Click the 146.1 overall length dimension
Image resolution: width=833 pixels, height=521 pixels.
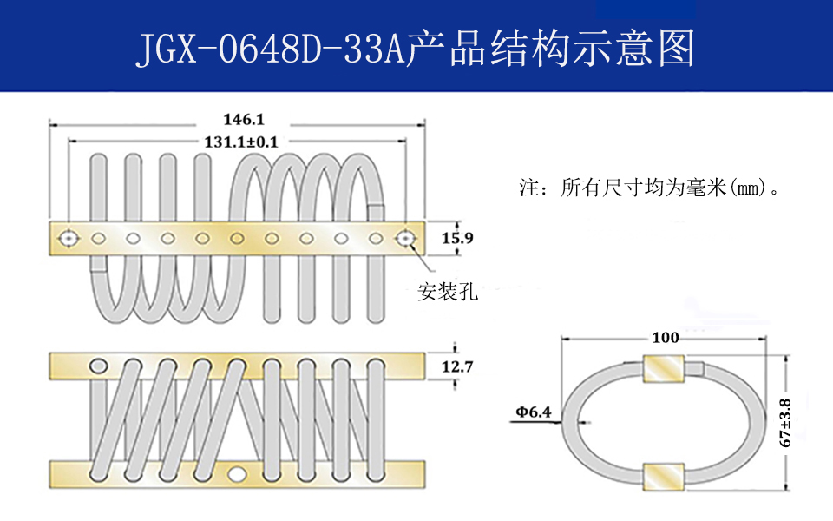(236, 121)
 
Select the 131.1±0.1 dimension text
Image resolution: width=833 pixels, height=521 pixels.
(240, 142)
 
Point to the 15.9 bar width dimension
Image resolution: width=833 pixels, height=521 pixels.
(456, 238)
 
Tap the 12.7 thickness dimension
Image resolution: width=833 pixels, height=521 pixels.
(457, 367)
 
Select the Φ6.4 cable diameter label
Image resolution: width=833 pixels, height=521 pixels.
(533, 412)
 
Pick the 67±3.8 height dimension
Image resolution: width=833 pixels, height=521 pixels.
(786, 423)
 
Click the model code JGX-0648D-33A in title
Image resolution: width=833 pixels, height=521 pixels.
(271, 50)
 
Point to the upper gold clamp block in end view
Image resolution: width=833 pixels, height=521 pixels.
(664, 370)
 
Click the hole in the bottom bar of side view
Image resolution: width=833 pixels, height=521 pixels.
(238, 474)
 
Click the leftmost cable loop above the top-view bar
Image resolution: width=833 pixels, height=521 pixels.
(98, 187)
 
